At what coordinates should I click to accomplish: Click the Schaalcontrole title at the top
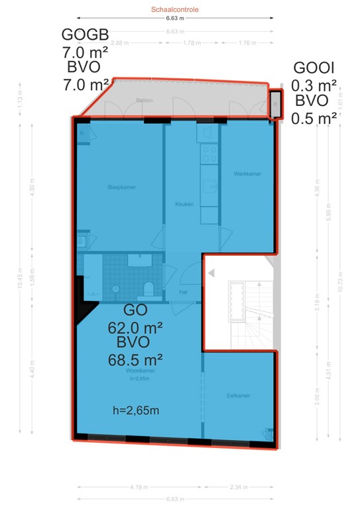(x=175, y=10)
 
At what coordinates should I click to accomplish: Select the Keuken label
(x=185, y=204)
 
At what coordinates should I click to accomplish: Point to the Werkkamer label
(x=247, y=174)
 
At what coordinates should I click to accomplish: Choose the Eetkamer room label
(x=237, y=396)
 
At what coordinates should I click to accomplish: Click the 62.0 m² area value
(x=135, y=326)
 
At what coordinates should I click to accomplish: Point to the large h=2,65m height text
(x=136, y=410)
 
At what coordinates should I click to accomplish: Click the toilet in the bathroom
(x=149, y=288)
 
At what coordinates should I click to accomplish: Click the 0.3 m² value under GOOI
(x=314, y=85)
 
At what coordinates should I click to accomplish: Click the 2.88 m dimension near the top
(x=119, y=44)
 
